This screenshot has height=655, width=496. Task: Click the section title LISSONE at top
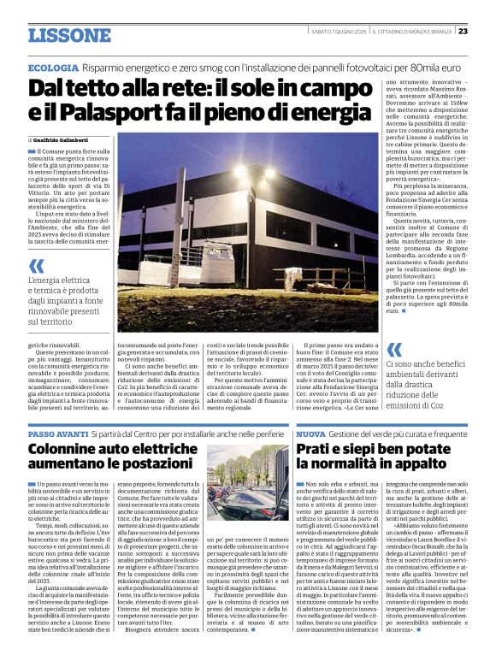pyautogui.click(x=69, y=35)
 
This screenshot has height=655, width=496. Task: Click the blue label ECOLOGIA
pyautogui.click(x=53, y=68)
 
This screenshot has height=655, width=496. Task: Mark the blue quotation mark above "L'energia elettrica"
pyautogui.click(x=35, y=266)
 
